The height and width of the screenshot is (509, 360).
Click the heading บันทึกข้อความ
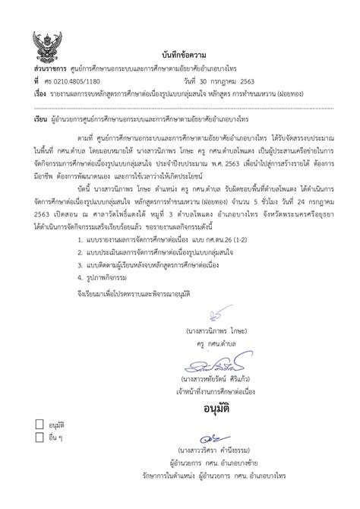point(180,58)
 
